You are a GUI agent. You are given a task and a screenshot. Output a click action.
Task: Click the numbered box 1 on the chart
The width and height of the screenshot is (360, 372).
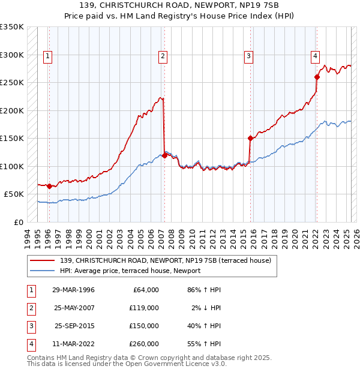(x=47, y=57)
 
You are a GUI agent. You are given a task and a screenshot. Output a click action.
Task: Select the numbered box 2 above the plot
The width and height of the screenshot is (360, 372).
(x=163, y=57)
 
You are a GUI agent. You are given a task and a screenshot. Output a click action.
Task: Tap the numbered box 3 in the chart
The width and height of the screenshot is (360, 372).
(x=248, y=57)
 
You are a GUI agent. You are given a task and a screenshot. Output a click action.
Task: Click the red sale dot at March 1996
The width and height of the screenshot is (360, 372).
(x=49, y=186)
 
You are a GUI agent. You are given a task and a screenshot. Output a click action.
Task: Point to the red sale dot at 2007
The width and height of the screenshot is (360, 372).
(x=164, y=155)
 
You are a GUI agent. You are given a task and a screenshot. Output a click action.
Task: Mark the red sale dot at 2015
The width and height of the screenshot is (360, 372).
(x=250, y=138)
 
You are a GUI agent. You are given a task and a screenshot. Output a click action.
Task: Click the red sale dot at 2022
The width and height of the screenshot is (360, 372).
(x=317, y=77)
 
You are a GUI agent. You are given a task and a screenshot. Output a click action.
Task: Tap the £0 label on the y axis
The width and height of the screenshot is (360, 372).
(x=18, y=222)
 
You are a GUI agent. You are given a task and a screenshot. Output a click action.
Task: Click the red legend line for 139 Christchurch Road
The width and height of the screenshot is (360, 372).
(x=43, y=260)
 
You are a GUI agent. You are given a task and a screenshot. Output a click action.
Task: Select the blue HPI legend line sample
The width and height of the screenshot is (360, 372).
(x=43, y=271)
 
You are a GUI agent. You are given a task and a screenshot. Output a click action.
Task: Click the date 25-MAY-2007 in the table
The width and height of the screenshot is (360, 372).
(x=73, y=308)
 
